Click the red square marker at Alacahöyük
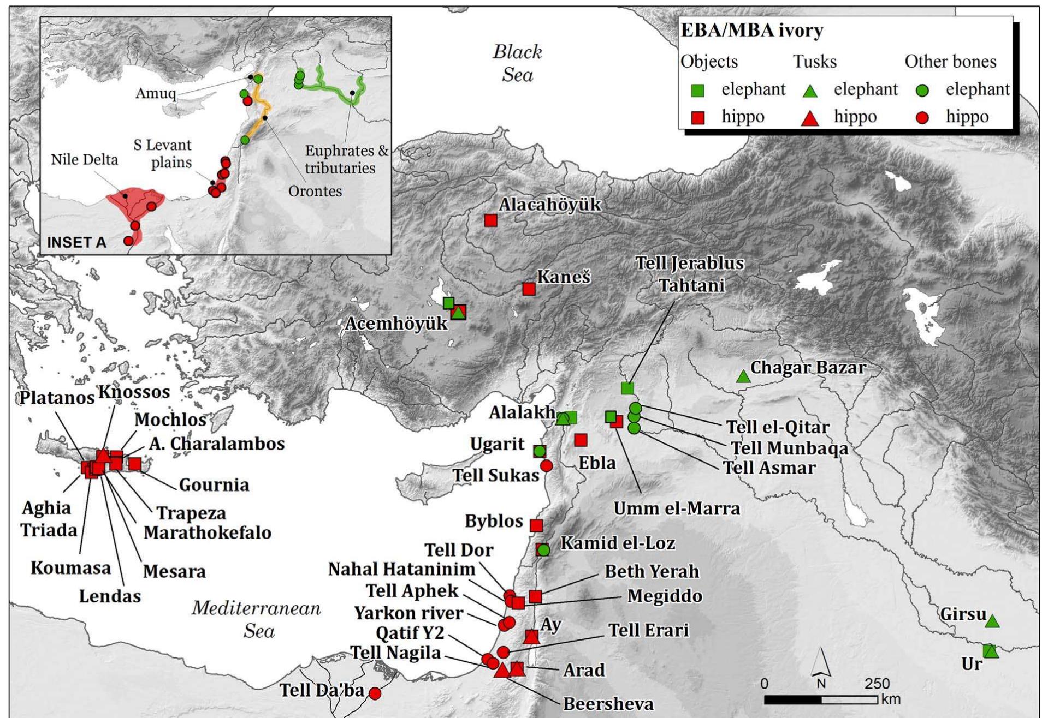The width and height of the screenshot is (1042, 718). click(490, 220)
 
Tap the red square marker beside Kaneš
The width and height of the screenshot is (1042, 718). click(528, 289)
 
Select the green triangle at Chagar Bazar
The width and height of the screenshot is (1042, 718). click(743, 376)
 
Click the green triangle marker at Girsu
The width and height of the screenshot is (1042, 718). click(992, 621)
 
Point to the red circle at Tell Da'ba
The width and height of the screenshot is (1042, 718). click(375, 693)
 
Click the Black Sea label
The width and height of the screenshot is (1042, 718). click(517, 63)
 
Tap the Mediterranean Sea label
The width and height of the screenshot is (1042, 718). click(257, 619)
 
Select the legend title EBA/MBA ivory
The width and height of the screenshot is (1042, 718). click(752, 31)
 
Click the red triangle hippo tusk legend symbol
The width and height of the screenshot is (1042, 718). click(810, 118)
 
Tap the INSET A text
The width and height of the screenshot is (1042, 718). click(76, 242)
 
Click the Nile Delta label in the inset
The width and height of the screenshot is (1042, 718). click(84, 159)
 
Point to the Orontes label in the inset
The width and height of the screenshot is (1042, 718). click(315, 191)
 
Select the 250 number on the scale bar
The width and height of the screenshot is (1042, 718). click(877, 684)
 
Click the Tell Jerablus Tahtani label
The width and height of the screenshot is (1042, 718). click(690, 274)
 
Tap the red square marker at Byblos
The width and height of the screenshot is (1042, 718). click(536, 525)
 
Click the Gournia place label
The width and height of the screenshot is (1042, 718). click(214, 484)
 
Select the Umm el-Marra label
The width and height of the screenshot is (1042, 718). click(677, 508)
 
